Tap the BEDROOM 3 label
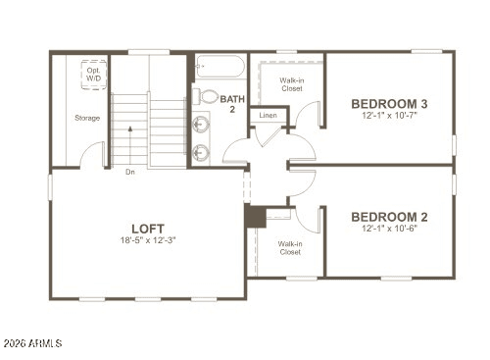pyautogui.click(x=389, y=103)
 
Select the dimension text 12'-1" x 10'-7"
pyautogui.click(x=389, y=116)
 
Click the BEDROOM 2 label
pyautogui.click(x=389, y=217)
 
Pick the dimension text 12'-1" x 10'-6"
pyautogui.click(x=389, y=230)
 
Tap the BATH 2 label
pyautogui.click(x=232, y=104)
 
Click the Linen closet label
pyautogui.click(x=268, y=116)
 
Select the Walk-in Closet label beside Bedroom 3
pyautogui.click(x=291, y=85)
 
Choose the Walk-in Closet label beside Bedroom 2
pyautogui.click(x=289, y=247)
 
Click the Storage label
pyautogui.click(x=87, y=119)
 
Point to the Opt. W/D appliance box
pyautogui.click(x=94, y=75)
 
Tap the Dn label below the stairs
pyautogui.click(x=129, y=172)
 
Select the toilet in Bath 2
pyautogui.click(x=208, y=96)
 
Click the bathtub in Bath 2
pyautogui.click(x=220, y=69)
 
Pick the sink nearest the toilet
pyautogui.click(x=202, y=125)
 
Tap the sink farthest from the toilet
pyautogui.click(x=202, y=152)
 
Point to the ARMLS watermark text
pyautogui.click(x=33, y=343)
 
